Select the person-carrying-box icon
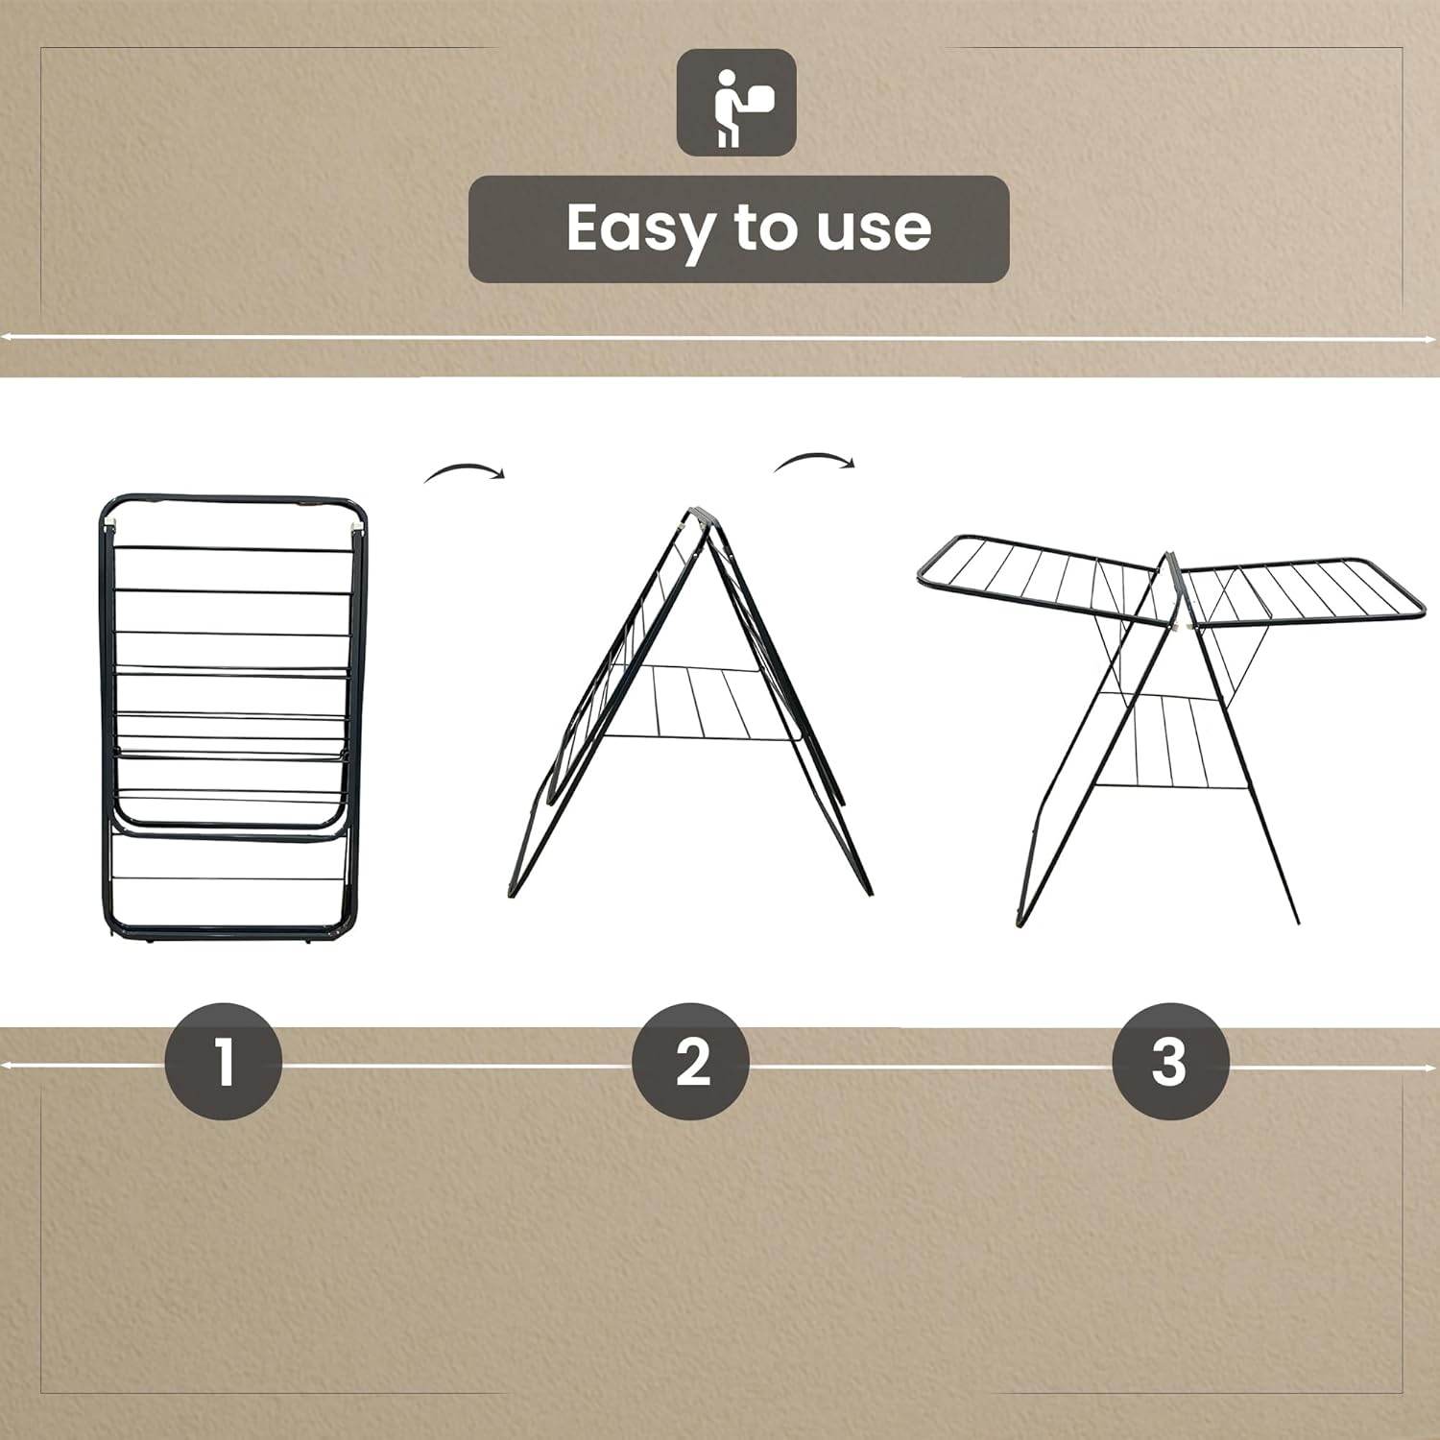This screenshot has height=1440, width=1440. point(736,103)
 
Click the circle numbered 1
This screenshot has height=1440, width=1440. point(224,1062)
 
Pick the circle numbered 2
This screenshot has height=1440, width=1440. point(691,1062)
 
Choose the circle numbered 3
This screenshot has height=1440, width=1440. point(1169,1062)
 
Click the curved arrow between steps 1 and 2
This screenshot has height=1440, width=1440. point(465,471)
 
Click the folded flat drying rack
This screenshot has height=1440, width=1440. point(233,720)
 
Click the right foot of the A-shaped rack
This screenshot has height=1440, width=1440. point(868,889)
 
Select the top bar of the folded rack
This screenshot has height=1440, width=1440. point(233,500)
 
